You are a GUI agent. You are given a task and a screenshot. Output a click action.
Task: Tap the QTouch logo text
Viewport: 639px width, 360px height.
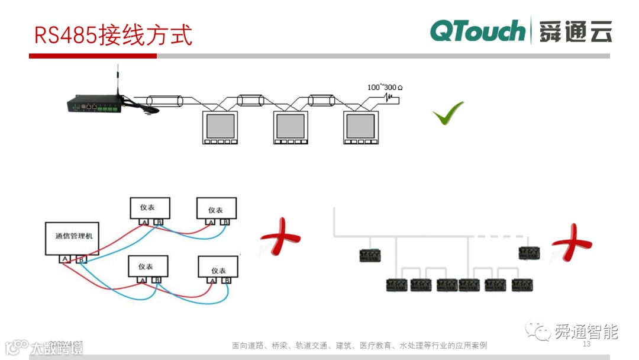click(x=477, y=31)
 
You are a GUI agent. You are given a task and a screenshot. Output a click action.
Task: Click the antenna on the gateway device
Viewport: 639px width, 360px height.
click(x=118, y=81)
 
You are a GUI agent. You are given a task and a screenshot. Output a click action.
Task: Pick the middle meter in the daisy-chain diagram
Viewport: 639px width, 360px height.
click(x=289, y=127)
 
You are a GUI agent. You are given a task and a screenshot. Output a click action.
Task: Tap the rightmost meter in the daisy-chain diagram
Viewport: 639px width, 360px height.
click(x=360, y=127)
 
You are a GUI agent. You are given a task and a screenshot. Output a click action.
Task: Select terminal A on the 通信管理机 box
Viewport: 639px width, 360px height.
click(x=64, y=259)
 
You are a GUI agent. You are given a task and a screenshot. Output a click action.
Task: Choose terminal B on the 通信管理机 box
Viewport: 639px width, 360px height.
click(x=82, y=259)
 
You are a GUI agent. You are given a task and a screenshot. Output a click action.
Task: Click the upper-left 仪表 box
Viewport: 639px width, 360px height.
click(x=150, y=207)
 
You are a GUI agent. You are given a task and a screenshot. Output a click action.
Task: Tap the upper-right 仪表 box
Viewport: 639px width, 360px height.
click(x=216, y=209)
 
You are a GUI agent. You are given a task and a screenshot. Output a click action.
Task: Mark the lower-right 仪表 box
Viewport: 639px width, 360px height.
click(x=218, y=270)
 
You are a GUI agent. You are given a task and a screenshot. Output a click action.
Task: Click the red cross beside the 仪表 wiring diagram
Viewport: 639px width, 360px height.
click(x=280, y=237)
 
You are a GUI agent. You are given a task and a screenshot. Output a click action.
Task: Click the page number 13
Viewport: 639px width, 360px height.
click(x=587, y=344)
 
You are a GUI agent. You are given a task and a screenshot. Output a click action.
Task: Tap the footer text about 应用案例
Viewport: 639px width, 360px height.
click(x=359, y=345)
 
